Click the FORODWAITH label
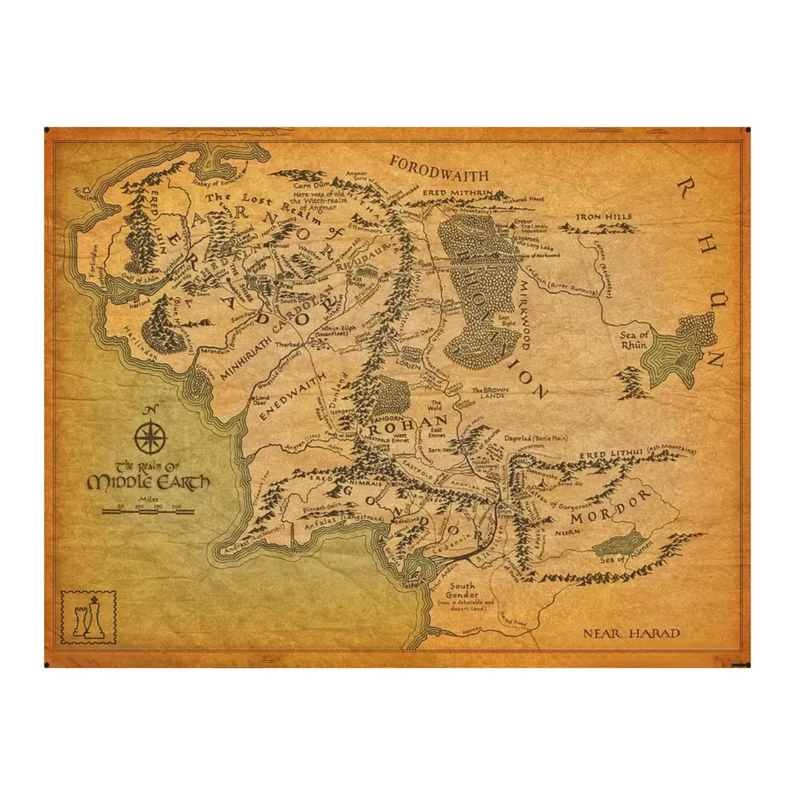[x=439, y=168]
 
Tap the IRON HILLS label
[x=604, y=217]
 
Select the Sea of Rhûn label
[x=634, y=340]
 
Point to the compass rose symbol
[x=151, y=438]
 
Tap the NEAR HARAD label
[x=631, y=633]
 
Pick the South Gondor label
[x=462, y=590]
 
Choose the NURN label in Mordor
[x=567, y=532]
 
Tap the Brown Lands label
[x=490, y=393]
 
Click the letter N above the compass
[x=150, y=411]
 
